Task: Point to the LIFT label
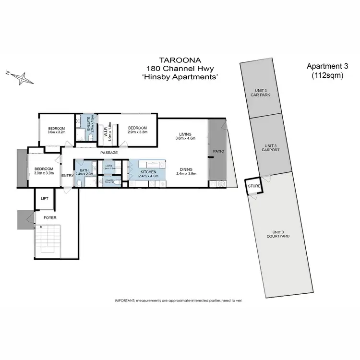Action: pos(45,198)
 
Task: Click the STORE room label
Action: pos(253,186)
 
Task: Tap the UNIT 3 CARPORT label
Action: pos(271,147)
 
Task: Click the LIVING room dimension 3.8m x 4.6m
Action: pos(185,139)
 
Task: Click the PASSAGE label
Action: pos(109,153)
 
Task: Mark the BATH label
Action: pos(84,170)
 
